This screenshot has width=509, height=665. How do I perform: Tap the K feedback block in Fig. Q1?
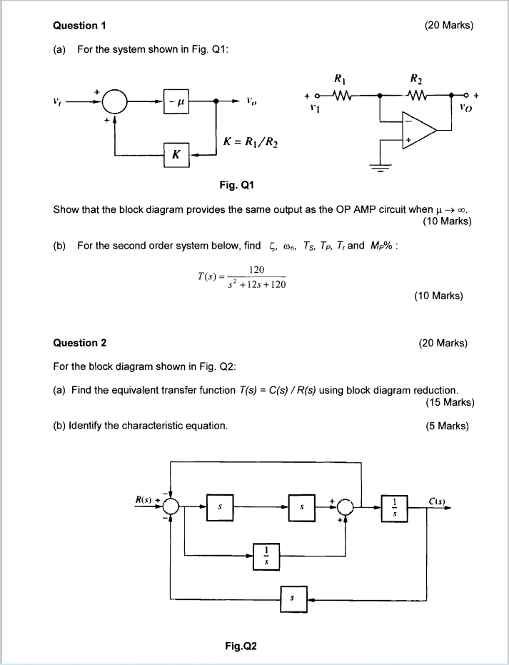[176, 154]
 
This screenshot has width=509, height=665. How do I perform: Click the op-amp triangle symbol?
[421, 131]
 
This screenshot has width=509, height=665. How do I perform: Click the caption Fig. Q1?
[236, 186]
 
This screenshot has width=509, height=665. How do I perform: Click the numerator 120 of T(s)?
[258, 269]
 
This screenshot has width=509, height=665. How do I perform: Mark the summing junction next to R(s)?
[170, 505]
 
